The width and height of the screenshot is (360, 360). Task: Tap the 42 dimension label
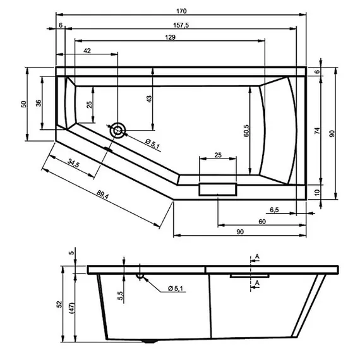[87, 51]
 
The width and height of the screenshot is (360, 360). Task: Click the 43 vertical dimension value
[150, 100]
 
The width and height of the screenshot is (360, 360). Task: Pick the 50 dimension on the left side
[23, 104]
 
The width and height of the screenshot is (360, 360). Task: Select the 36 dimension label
[39, 104]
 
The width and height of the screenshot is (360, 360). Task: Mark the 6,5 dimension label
[275, 209]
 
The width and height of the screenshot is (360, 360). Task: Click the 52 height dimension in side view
[59, 304]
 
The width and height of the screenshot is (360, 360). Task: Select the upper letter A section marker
[257, 256]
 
